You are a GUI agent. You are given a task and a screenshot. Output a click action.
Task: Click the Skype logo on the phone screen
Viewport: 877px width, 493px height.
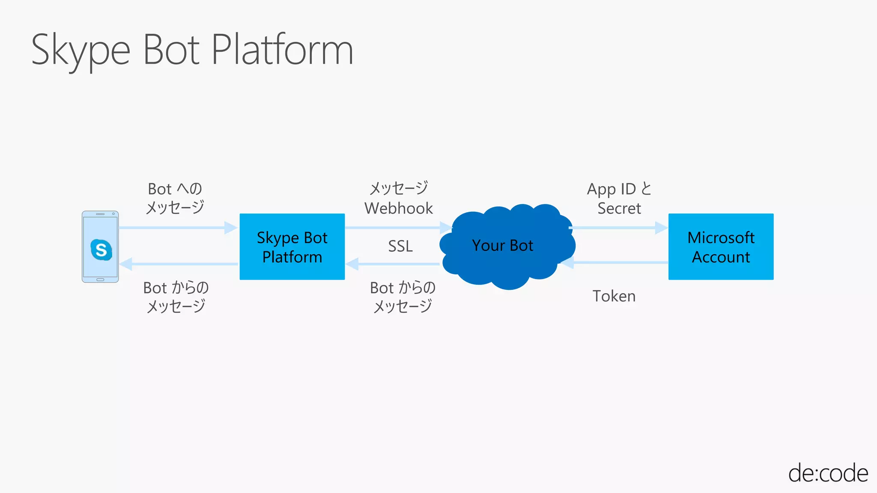pyautogui.click(x=101, y=249)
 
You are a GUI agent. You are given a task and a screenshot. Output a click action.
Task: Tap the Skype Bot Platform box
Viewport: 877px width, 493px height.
pyautogui.click(x=292, y=247)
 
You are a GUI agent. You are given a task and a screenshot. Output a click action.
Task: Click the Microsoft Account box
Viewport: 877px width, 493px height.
pyautogui.click(x=721, y=247)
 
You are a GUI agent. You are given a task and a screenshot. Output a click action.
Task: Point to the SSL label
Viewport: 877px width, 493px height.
pyautogui.click(x=400, y=246)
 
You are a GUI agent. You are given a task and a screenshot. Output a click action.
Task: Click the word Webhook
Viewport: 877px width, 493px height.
pyautogui.click(x=399, y=208)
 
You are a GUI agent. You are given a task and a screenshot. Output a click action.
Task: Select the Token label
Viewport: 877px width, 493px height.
pyautogui.click(x=614, y=296)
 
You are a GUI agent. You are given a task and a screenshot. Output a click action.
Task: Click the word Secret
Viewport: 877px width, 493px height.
pyautogui.click(x=619, y=208)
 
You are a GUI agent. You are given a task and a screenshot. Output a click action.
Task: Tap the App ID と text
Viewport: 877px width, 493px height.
pyautogui.click(x=619, y=189)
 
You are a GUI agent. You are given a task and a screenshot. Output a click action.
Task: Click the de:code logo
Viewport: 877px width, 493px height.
pyautogui.click(x=828, y=473)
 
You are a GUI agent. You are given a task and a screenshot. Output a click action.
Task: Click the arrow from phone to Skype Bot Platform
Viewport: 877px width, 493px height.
pyautogui.click(x=178, y=228)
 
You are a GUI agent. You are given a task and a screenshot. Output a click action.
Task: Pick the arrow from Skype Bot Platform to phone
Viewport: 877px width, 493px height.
pyautogui.click(x=178, y=264)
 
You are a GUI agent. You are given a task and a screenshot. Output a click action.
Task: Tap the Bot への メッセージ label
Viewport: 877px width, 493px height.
pyautogui.click(x=175, y=198)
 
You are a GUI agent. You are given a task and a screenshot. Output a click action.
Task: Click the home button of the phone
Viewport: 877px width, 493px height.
pyautogui.click(x=100, y=279)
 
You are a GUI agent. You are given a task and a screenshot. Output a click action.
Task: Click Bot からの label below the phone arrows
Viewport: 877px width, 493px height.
pyautogui.click(x=176, y=288)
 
